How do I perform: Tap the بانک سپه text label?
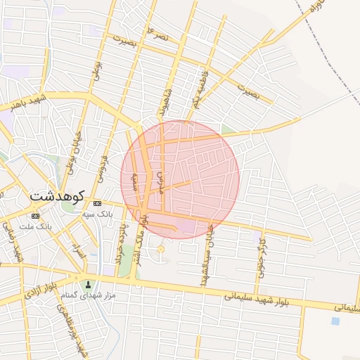[x=96, y=212]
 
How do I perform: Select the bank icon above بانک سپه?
[x=96, y=202]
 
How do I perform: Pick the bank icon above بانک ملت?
[x=36, y=216]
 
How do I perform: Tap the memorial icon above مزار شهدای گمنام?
[x=88, y=285]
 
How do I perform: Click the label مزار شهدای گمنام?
[x=89, y=296]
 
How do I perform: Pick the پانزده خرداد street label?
[x=121, y=242]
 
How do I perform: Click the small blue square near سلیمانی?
[x=335, y=321]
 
